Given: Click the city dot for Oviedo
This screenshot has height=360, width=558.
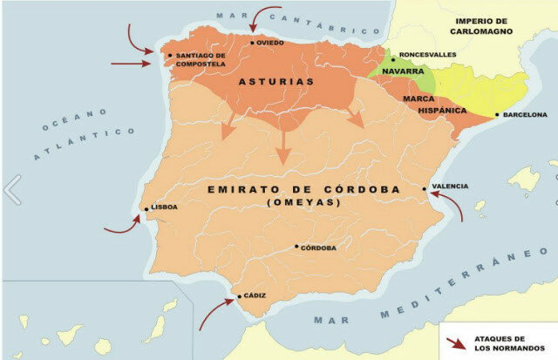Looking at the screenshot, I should pyautogui.click(x=253, y=43).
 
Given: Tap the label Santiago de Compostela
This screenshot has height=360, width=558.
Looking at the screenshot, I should pyautogui.click(x=201, y=59).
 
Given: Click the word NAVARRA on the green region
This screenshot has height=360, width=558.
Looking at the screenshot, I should pyautogui.click(x=404, y=72).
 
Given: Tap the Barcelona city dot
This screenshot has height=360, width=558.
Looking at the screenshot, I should pyautogui.click(x=497, y=115).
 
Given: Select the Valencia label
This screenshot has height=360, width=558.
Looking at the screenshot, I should pyautogui.click(x=450, y=187).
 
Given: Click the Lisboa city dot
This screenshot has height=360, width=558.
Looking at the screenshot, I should pyautogui.click(x=146, y=208).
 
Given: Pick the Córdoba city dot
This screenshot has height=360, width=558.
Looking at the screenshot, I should pyautogui.click(x=296, y=247).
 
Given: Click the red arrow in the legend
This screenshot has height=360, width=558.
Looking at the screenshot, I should pyautogui.click(x=455, y=342).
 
